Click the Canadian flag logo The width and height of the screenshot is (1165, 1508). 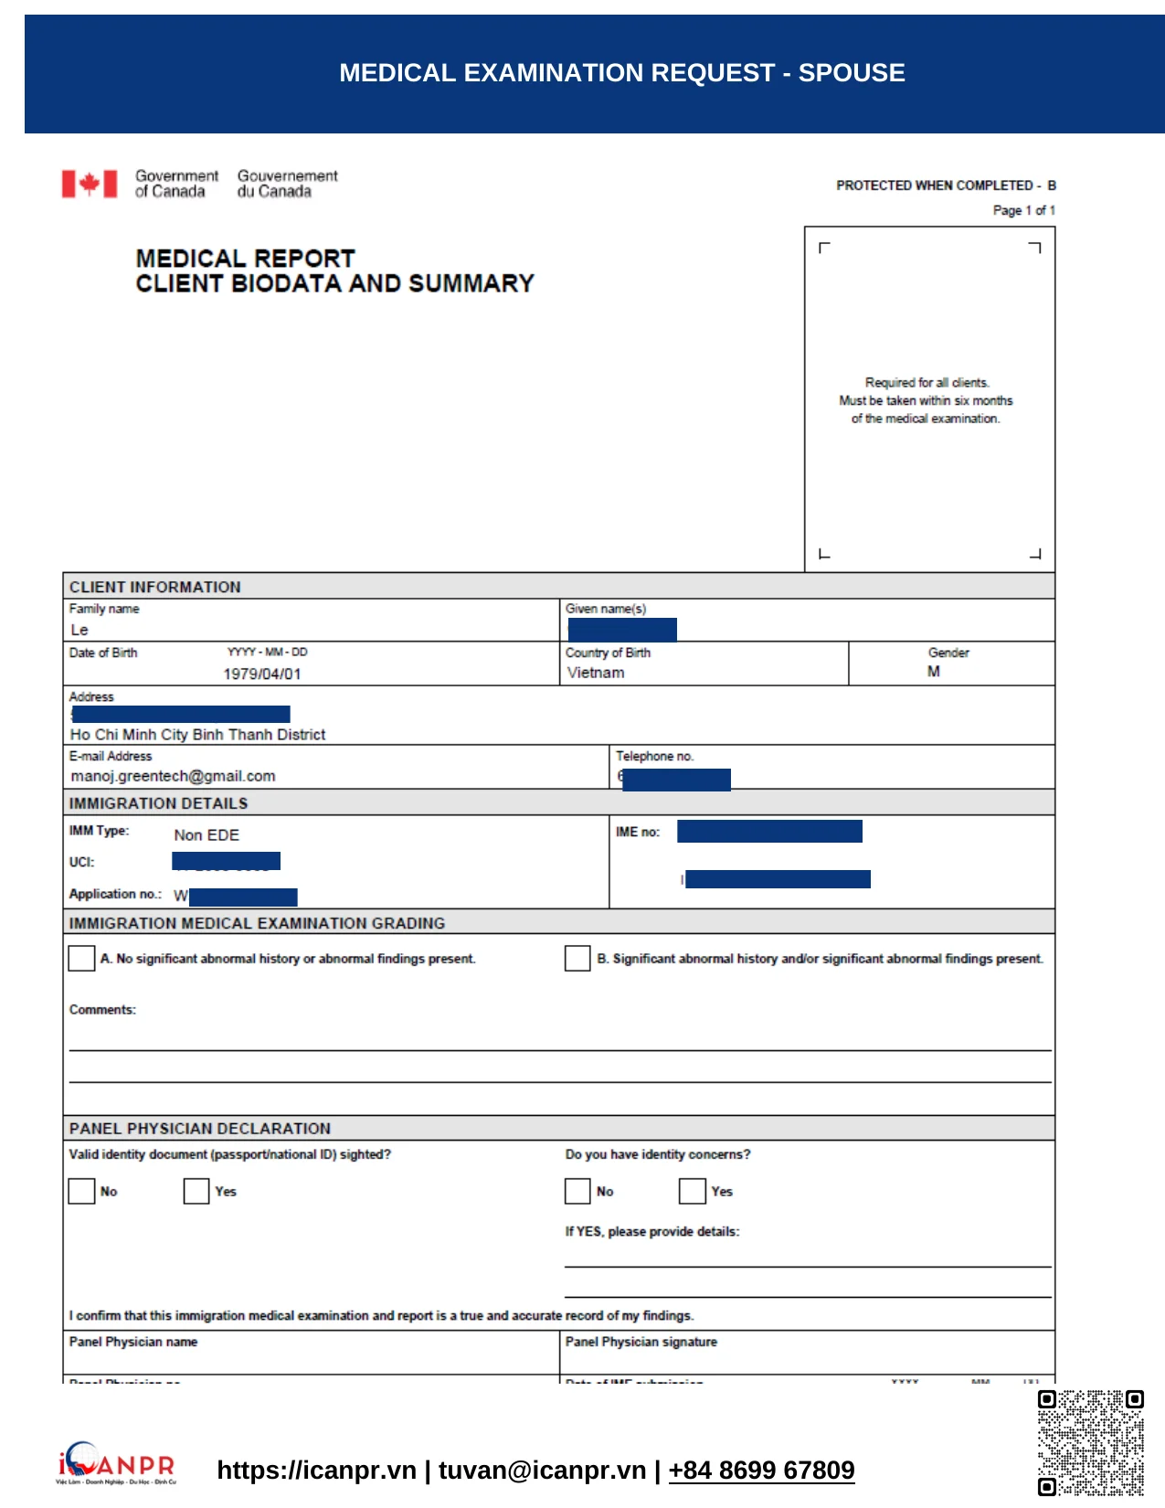pos(90,184)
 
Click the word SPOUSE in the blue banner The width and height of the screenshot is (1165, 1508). pos(852,73)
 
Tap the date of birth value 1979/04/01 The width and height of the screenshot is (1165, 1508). pos(262,674)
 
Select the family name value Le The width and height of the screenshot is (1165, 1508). pos(79,630)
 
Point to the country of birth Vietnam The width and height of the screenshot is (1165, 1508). pos(596,673)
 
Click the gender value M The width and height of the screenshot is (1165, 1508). pos(933,672)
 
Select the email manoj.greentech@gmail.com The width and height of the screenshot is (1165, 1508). pos(174,776)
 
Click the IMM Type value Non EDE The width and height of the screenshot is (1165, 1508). pos(207,835)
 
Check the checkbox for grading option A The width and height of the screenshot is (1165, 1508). pos(81,958)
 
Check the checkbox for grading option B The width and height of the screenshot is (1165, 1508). pos(577,958)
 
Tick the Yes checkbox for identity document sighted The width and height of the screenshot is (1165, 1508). pos(196,1191)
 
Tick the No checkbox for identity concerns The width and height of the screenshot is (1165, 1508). pos(577,1191)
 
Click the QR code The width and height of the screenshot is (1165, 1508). pos(1091,1442)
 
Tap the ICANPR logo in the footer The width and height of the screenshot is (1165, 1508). pos(116,1463)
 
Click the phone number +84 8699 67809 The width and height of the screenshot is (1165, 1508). pos(761,1471)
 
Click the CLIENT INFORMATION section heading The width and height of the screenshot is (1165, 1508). pos(155,587)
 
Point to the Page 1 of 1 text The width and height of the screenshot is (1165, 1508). pos(1023,210)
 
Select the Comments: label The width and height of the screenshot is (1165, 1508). pos(102,1010)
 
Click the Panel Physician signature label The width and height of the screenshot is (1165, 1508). pos(641,1342)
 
